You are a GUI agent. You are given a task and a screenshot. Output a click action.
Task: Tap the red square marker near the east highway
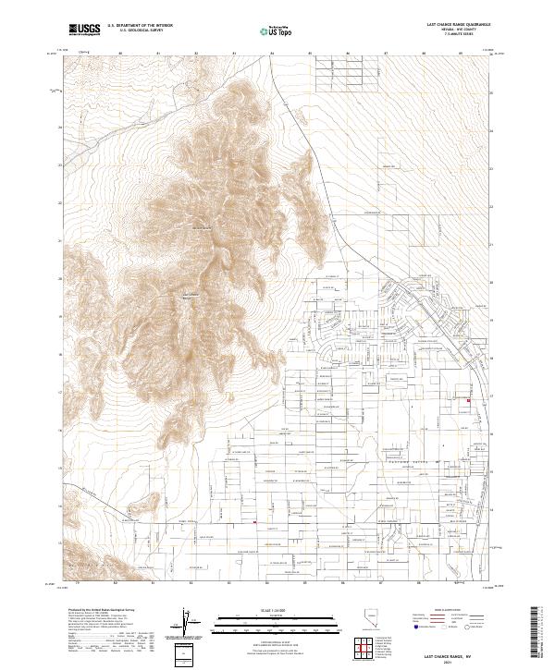[468, 400]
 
